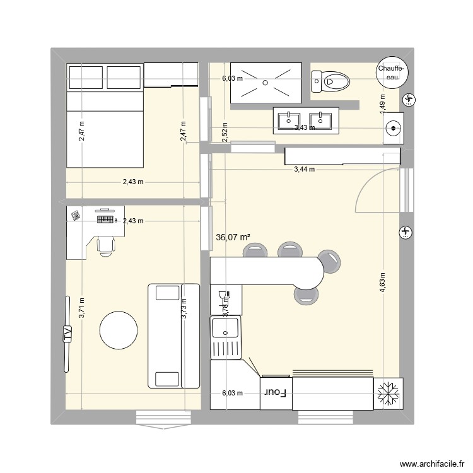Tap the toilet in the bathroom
[x=330, y=81]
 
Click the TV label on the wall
[x=67, y=334]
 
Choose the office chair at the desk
[x=105, y=244]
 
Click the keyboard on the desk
[x=105, y=219]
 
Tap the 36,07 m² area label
[x=233, y=238]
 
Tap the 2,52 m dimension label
[x=225, y=131]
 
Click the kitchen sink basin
[x=225, y=328]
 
